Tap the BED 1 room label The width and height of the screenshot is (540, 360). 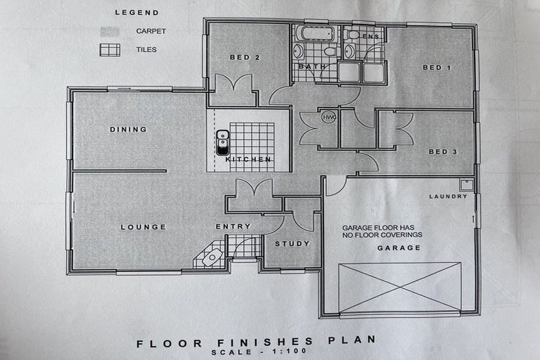click(x=436, y=67)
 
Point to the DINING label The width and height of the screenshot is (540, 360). click(x=128, y=129)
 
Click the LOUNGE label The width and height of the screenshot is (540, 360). click(x=143, y=227)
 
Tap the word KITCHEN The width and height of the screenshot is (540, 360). click(x=248, y=160)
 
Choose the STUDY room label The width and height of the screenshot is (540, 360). click(x=287, y=244)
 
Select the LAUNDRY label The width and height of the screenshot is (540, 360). click(x=448, y=196)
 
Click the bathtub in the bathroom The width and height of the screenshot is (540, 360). click(x=314, y=33)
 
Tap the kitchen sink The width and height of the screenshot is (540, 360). click(x=222, y=141)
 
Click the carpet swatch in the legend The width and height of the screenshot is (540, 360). click(x=110, y=32)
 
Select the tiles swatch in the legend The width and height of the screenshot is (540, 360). click(x=110, y=50)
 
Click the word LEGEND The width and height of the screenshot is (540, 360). click(x=138, y=13)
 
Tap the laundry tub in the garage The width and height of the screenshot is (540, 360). click(x=465, y=185)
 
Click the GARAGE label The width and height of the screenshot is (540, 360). click(x=399, y=247)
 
